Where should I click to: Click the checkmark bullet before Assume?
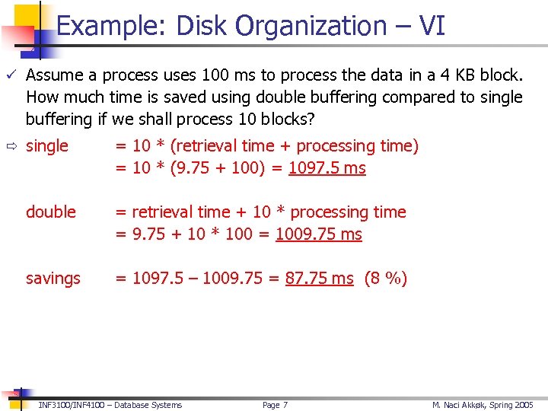click(11, 75)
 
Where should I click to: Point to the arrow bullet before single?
click(11, 146)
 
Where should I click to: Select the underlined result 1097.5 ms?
click(327, 168)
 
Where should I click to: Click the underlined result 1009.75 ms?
click(318, 234)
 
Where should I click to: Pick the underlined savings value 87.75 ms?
click(319, 279)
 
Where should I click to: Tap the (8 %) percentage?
click(386, 279)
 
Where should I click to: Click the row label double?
click(51, 212)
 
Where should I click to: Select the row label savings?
click(53, 279)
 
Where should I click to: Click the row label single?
click(47, 146)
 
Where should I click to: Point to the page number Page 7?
click(275, 405)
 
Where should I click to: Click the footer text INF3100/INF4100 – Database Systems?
click(110, 405)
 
